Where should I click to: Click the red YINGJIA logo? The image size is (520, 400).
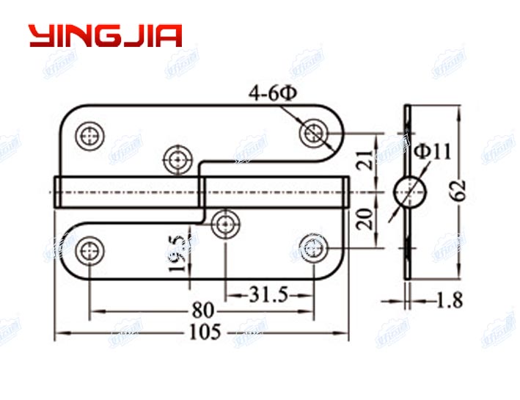pos(105,36)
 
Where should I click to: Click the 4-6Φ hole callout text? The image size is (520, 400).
pos(272,94)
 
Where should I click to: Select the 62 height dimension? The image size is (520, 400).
pos(460,189)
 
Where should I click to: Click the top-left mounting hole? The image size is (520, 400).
pos(90,136)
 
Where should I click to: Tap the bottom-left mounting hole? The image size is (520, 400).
pos(89,250)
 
